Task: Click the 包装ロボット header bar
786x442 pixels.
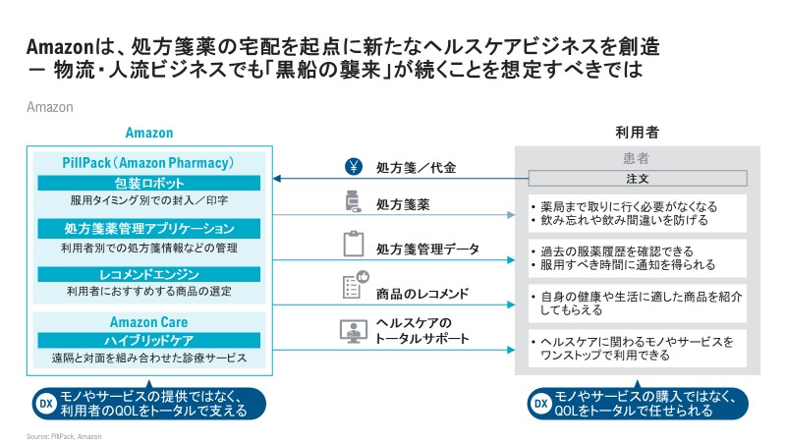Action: (149, 183)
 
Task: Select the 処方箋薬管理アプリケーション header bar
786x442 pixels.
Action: (149, 228)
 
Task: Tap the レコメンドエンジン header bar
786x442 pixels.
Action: (149, 273)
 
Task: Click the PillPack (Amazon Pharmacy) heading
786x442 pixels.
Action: (149, 162)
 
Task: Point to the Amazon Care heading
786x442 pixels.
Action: (149, 322)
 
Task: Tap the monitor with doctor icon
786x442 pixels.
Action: (353, 331)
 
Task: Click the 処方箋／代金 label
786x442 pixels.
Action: (416, 168)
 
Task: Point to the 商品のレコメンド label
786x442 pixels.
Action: (422, 293)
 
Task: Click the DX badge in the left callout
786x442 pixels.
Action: (44, 402)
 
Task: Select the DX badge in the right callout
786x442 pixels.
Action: (539, 402)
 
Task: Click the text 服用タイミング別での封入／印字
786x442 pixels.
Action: (149, 201)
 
